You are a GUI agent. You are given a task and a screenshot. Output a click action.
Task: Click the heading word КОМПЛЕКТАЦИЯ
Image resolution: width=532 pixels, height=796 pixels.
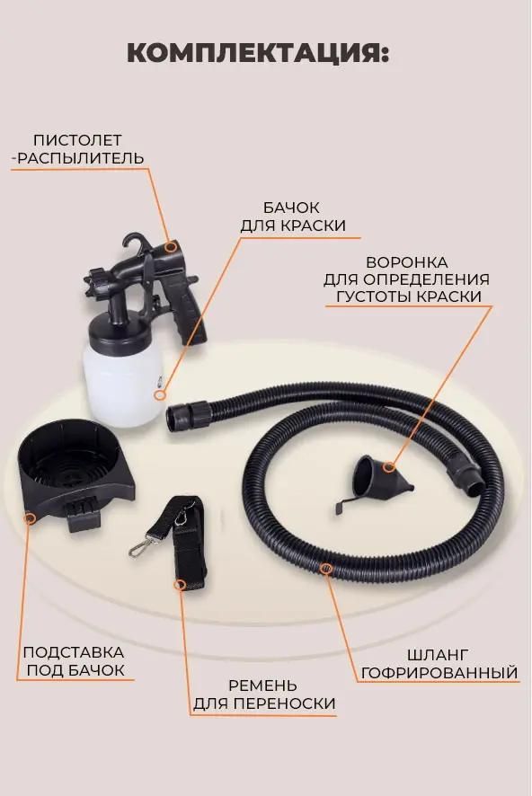257,53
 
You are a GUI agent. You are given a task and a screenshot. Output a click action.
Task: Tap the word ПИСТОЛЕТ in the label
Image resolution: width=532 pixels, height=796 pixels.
77,140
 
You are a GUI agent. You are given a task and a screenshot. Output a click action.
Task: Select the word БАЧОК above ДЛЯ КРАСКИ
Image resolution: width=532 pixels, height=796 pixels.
291,208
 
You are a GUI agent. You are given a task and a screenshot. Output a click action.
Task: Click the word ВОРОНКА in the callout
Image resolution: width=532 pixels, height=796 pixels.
407,262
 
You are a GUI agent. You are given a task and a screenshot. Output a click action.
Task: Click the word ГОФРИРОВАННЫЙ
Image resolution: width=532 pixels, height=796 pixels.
439,672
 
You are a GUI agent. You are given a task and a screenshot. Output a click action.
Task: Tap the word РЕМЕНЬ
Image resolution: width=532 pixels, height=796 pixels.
263,685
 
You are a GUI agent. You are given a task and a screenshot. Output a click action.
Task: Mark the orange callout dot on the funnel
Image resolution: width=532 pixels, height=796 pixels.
388,466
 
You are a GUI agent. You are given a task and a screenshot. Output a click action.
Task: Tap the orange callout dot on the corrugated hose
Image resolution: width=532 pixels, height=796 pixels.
326,569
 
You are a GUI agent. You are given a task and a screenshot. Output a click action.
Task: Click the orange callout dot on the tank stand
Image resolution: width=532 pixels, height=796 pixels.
29,517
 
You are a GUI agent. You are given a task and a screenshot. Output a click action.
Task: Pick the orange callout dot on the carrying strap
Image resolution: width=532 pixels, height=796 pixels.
180,585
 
